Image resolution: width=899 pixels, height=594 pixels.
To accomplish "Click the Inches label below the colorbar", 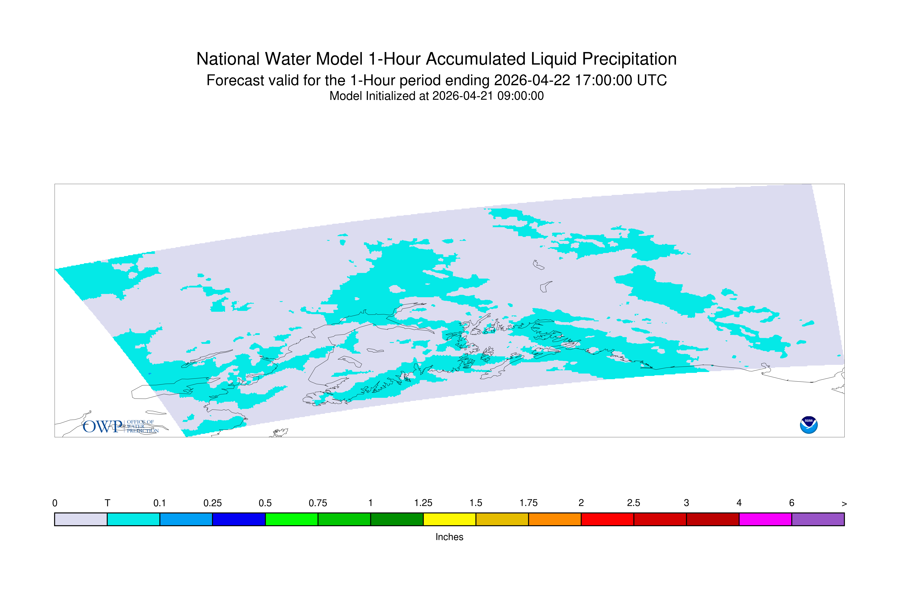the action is click(x=449, y=537).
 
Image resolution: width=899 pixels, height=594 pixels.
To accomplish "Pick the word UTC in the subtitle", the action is click(x=652, y=80).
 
